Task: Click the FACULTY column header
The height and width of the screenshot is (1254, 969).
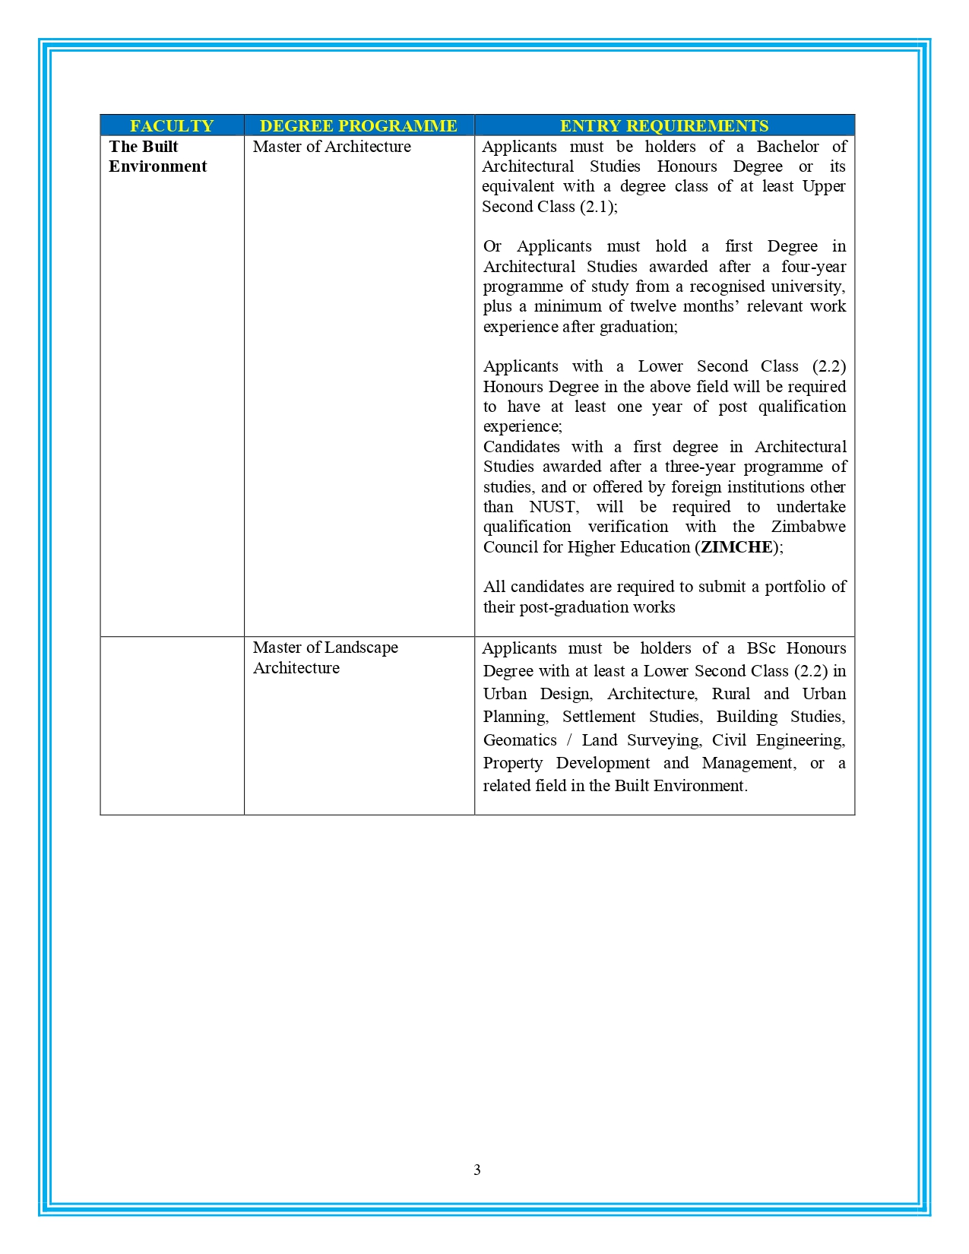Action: tap(172, 125)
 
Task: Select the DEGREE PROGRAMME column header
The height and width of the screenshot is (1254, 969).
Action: tap(359, 125)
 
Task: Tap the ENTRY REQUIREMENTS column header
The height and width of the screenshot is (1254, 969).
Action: tap(664, 125)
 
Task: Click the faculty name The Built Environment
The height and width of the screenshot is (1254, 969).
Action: tap(157, 157)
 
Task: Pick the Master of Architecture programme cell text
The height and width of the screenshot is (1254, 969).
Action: tap(332, 147)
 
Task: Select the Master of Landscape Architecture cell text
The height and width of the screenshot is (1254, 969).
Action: tap(325, 657)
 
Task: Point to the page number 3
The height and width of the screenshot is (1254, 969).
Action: tap(477, 1170)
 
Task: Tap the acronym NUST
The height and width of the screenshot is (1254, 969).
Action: tap(553, 507)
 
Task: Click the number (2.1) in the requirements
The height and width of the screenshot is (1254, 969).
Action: tap(597, 207)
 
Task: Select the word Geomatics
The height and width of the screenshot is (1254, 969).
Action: tap(520, 740)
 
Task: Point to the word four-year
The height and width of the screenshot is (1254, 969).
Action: tap(813, 267)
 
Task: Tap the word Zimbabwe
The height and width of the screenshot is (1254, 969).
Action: tap(808, 527)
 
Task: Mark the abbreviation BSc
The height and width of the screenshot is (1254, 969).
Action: tap(761, 648)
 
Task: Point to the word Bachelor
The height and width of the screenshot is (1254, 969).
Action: tap(787, 147)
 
